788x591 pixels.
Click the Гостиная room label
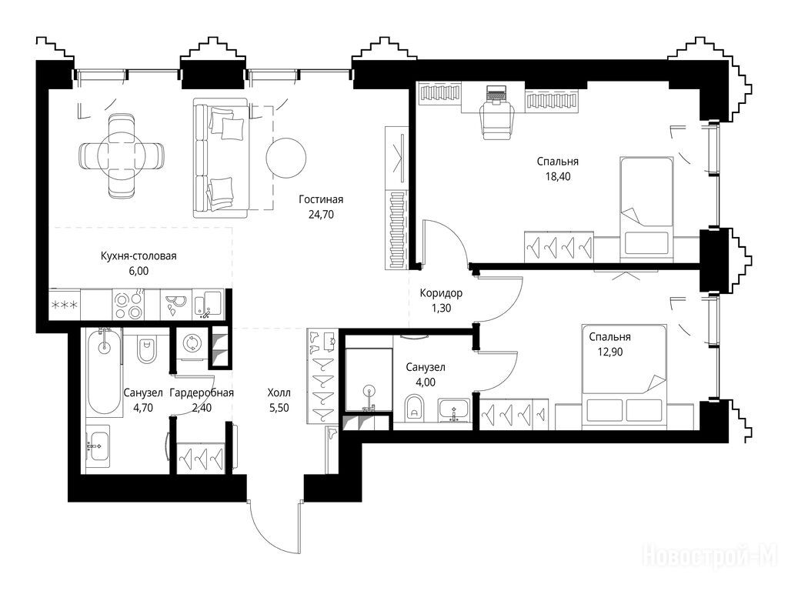pos(321,199)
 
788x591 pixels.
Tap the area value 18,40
pos(558,176)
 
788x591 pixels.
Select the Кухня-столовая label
pos(139,255)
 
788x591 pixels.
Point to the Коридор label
pos(441,293)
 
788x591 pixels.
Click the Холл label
pos(279,392)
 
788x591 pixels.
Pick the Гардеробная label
pos(202,392)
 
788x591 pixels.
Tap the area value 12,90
pos(609,352)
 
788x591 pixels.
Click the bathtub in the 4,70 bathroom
pos(105,370)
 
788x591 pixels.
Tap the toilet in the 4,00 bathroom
pos(414,408)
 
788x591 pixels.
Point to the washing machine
pos(191,344)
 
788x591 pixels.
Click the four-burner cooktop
pos(129,305)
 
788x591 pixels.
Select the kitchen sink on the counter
pos(208,303)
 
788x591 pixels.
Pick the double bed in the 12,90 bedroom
pos(624,376)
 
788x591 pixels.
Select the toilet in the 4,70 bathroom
pos(147,349)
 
